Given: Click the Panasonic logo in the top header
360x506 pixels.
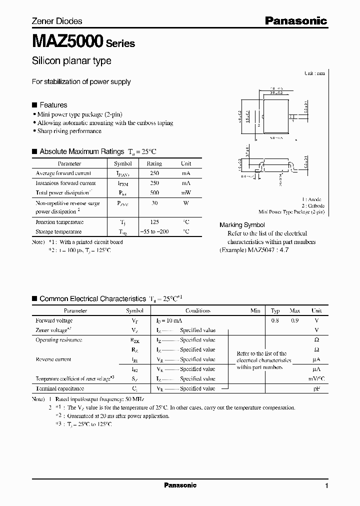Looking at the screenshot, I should pos(295,20).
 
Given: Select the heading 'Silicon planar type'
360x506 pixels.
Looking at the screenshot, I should pos(71,61).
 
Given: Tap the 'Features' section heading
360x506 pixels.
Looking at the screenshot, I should pos(53,105).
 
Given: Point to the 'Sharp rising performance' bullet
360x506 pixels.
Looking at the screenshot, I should pos(69,131).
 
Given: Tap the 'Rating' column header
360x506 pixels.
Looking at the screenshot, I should pos(154,163).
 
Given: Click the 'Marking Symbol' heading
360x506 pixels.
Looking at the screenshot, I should pos(242,225).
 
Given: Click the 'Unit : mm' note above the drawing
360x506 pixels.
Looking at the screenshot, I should pos(314,73).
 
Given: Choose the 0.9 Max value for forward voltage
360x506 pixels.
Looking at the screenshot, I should pos(294,320).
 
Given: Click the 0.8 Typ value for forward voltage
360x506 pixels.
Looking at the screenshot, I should pos(275,320).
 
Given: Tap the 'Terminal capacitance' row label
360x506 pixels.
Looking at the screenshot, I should pos(59,388).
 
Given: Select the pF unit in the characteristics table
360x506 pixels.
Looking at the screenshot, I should pos(315,388).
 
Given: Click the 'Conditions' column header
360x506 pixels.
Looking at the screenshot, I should pos(198,310).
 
